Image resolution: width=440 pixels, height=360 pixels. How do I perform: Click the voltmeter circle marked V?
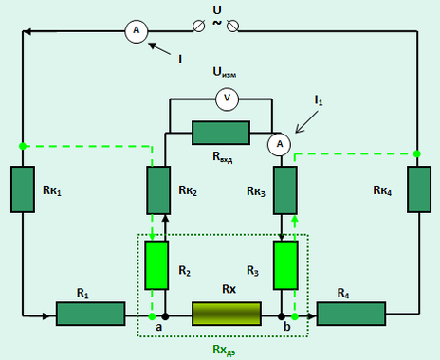[x=227, y=99]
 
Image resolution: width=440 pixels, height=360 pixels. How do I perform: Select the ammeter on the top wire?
[x=137, y=31]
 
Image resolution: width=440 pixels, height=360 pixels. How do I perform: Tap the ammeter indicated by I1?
[x=280, y=144]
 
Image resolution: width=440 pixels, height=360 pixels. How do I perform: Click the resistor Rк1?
[x=23, y=189]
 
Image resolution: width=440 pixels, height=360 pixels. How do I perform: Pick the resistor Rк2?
[x=158, y=190]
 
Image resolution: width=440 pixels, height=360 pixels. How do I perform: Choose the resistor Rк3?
[x=285, y=190]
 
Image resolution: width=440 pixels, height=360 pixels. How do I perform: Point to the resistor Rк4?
[x=419, y=189]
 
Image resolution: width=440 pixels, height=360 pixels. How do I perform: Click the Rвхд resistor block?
[x=221, y=133]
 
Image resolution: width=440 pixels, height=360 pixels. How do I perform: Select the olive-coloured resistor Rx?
[x=227, y=314]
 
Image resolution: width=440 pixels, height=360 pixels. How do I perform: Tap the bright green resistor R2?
[x=156, y=265]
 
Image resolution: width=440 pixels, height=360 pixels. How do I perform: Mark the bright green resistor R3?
[x=285, y=265]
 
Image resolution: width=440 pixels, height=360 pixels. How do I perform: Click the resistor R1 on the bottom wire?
[x=91, y=314]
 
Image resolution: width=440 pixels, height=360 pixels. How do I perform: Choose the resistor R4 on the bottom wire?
[x=351, y=314]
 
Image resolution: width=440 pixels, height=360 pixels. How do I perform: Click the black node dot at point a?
[x=165, y=316]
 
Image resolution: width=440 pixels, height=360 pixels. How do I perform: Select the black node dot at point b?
[x=282, y=316]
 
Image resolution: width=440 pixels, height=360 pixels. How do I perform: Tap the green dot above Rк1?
[x=23, y=146]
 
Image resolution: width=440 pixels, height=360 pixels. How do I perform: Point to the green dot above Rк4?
[x=417, y=154]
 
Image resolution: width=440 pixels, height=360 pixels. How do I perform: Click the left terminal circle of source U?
[x=198, y=27]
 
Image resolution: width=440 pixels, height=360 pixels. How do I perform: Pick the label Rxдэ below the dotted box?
[x=224, y=350]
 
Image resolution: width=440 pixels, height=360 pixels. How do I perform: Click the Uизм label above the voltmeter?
[x=225, y=72]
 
